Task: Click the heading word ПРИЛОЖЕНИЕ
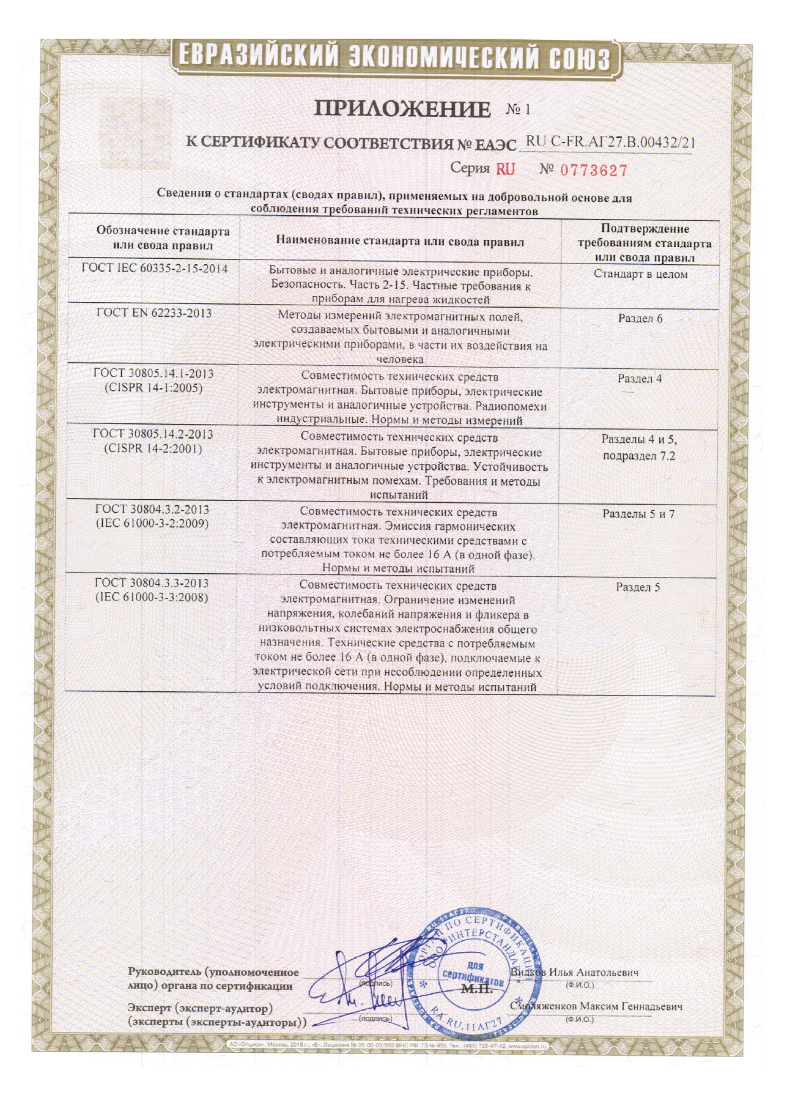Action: pyautogui.click(x=402, y=109)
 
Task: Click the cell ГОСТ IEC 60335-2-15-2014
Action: pyautogui.click(x=155, y=269)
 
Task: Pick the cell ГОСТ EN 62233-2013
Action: pyautogui.click(x=154, y=313)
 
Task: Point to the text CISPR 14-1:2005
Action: pyautogui.click(x=154, y=388)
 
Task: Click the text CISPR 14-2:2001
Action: pyautogui.click(x=153, y=449)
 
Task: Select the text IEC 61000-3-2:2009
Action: pyautogui.click(x=152, y=524)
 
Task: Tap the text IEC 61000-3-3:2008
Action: pyautogui.click(x=152, y=597)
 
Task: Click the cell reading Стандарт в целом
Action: pyautogui.click(x=640, y=274)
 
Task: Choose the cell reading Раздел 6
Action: pyautogui.click(x=640, y=318)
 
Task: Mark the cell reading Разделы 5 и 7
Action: pyautogui.click(x=638, y=514)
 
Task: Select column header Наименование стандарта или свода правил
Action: pyautogui.click(x=400, y=241)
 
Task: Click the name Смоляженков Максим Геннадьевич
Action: pyautogui.click(x=597, y=1007)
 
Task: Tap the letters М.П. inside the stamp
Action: pyautogui.click(x=477, y=989)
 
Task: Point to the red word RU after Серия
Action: pyautogui.click(x=505, y=169)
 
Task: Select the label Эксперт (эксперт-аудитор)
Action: pyautogui.click(x=200, y=1008)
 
